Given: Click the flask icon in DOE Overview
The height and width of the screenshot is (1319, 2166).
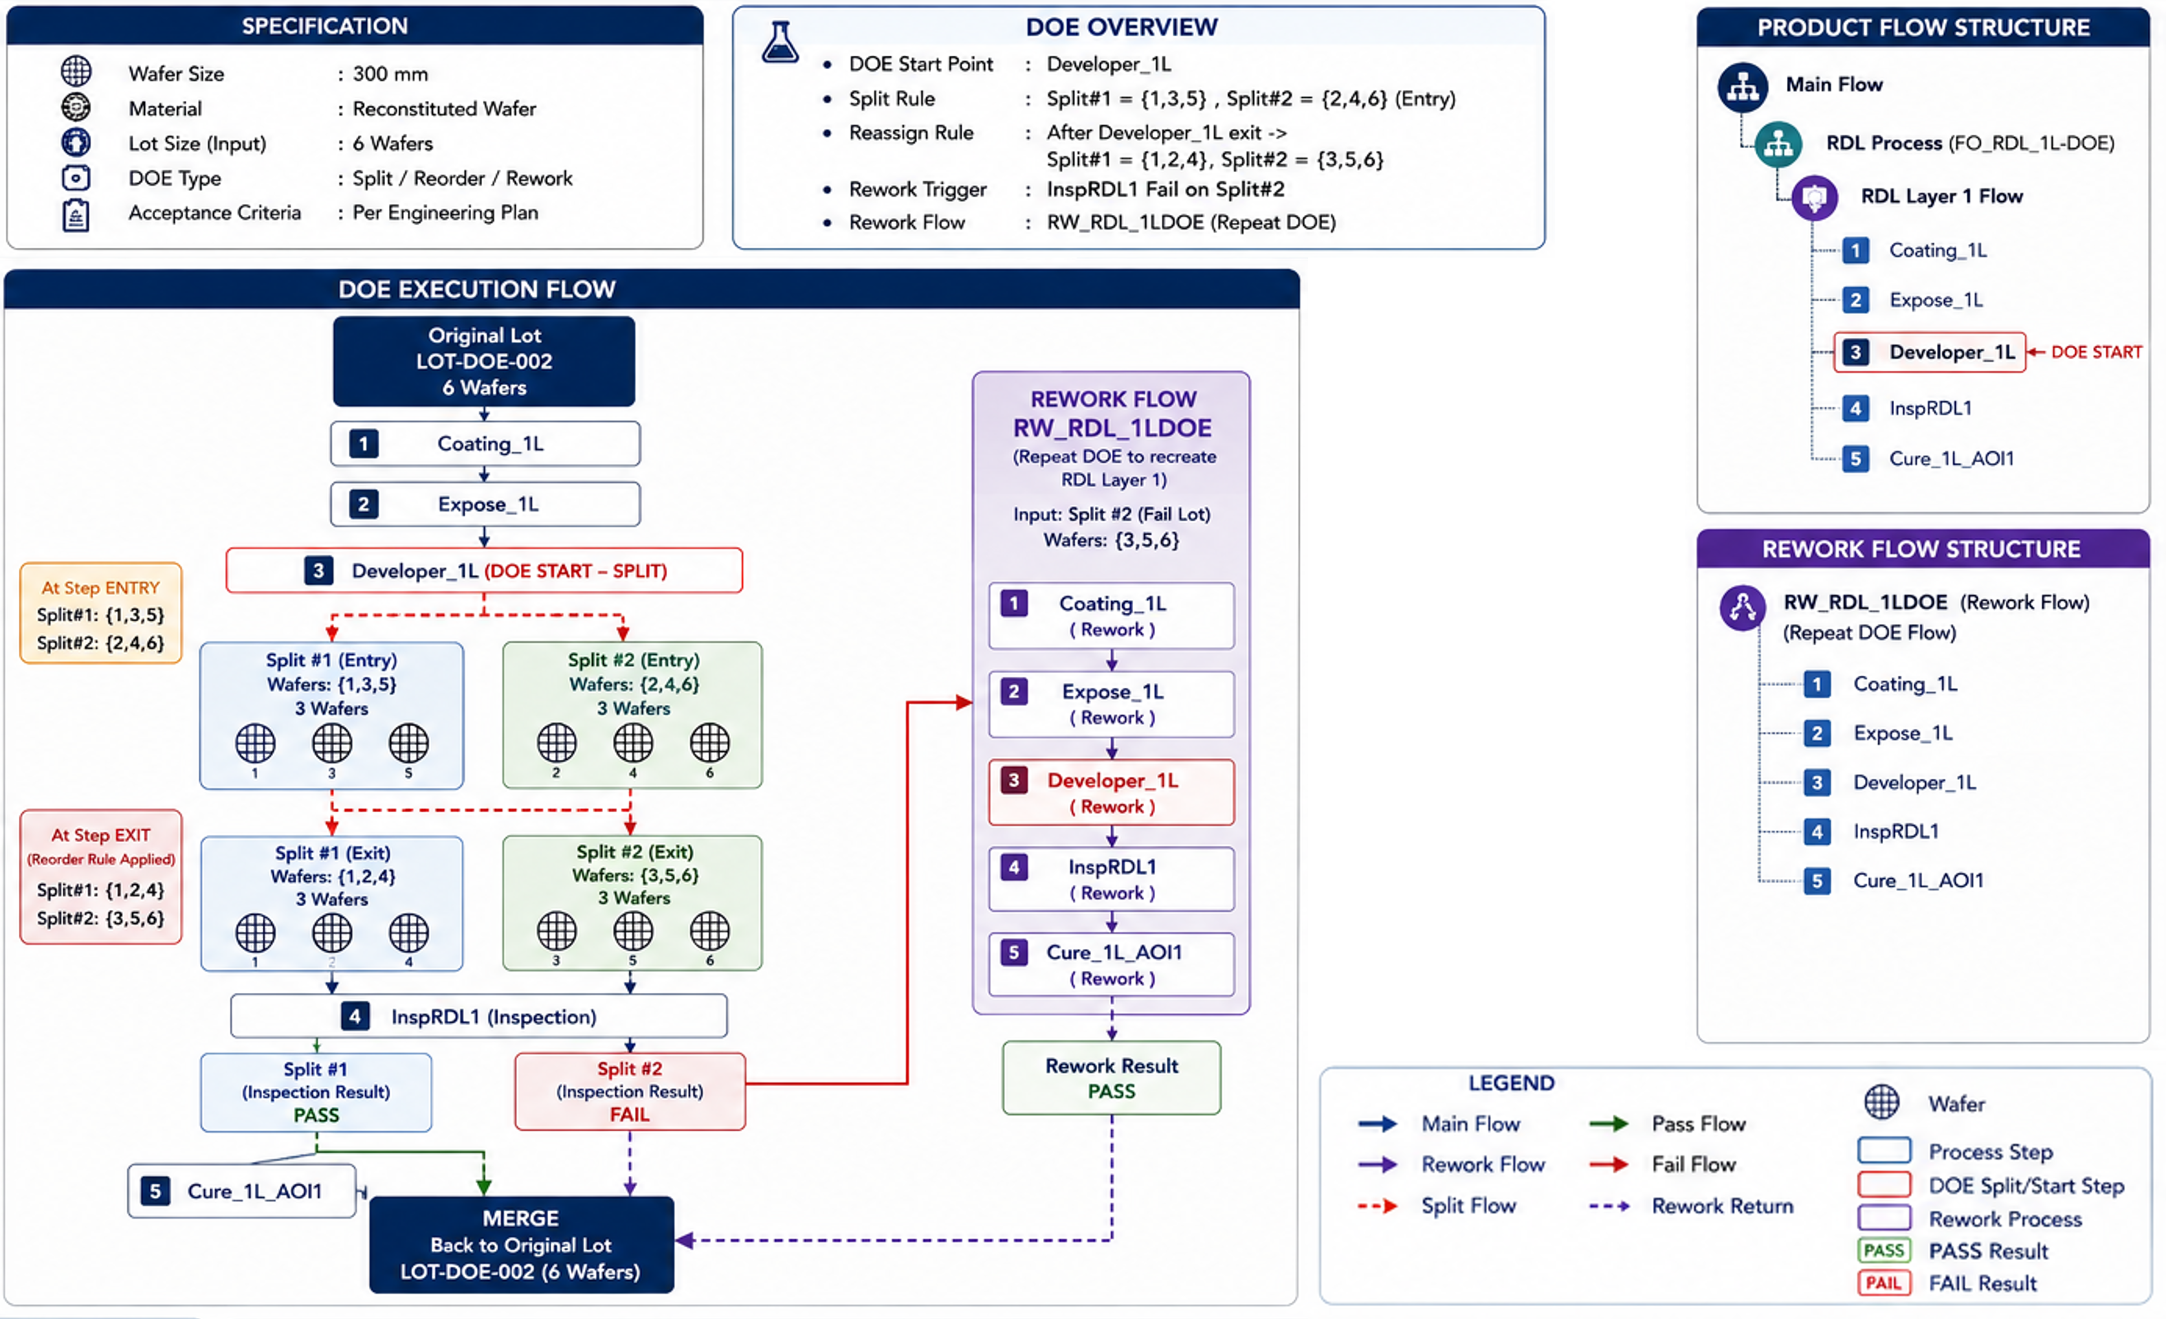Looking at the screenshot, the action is pyautogui.click(x=780, y=42).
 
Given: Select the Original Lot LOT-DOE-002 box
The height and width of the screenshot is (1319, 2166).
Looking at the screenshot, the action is pyautogui.click(x=483, y=361).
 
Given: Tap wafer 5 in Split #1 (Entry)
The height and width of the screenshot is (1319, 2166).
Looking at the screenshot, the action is pyautogui.click(x=409, y=743).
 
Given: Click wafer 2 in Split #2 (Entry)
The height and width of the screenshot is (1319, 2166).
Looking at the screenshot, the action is pyautogui.click(x=557, y=743).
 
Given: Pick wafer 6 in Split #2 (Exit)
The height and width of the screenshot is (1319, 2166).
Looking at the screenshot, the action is pyautogui.click(x=709, y=931).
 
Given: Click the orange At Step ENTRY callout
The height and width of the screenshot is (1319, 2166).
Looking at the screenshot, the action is pyautogui.click(x=101, y=613).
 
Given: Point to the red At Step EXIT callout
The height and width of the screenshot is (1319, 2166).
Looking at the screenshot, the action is pyautogui.click(x=101, y=877).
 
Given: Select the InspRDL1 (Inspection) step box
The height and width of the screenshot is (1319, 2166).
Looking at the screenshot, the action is pyautogui.click(x=479, y=1017).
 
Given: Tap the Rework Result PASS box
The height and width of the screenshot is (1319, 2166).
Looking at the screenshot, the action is pyautogui.click(x=1112, y=1078).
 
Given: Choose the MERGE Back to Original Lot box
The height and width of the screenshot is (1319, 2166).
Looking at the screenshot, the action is pyautogui.click(x=522, y=1245).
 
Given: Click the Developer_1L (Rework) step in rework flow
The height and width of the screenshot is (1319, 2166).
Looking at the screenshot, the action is pyautogui.click(x=1112, y=792).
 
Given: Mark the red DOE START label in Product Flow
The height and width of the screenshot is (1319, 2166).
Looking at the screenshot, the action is pyautogui.click(x=2097, y=351).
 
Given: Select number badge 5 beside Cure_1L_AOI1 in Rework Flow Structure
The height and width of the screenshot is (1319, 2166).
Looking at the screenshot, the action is pyautogui.click(x=1817, y=881).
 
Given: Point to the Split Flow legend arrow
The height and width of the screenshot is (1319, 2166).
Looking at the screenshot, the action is pyautogui.click(x=1378, y=1206).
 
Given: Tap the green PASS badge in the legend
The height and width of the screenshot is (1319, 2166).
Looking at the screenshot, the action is pyautogui.click(x=1884, y=1250).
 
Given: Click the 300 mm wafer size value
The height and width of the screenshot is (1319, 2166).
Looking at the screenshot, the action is pyautogui.click(x=390, y=74).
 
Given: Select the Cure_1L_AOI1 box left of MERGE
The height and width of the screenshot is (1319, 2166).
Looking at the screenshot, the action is pyautogui.click(x=242, y=1192).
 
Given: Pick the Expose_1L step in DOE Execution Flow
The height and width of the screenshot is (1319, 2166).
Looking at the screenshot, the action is pyautogui.click(x=485, y=504).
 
